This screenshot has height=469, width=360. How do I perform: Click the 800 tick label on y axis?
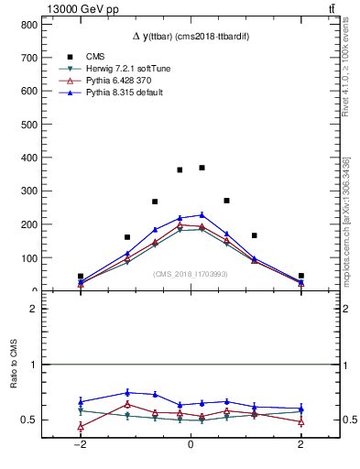[x=28, y=24]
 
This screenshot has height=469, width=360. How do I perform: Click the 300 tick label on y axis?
[x=28, y=191]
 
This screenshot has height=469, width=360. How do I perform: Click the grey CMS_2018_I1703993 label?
[x=191, y=274]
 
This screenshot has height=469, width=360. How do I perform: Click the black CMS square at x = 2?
[x=300, y=276]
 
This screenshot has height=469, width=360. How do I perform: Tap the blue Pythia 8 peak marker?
[x=202, y=215]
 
